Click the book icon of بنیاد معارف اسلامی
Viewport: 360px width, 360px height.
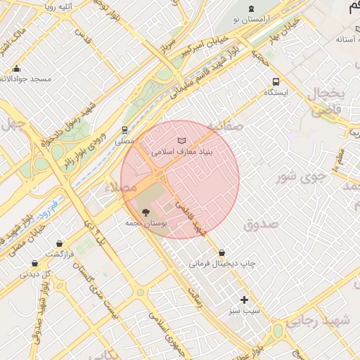click(182, 142)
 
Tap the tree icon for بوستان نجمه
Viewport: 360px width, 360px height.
click(146, 212)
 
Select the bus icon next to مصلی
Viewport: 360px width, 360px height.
click(124, 130)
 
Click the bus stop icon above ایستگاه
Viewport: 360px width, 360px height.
click(276, 82)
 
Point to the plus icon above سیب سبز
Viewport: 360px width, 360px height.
click(245, 300)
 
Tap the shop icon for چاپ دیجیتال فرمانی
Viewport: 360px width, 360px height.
click(222, 252)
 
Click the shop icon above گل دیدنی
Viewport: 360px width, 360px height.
click(34, 264)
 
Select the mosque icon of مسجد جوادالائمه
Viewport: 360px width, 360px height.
click(16, 69)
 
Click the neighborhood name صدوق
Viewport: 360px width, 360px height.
click(261, 224)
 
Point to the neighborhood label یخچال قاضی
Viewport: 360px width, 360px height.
click(328, 102)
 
